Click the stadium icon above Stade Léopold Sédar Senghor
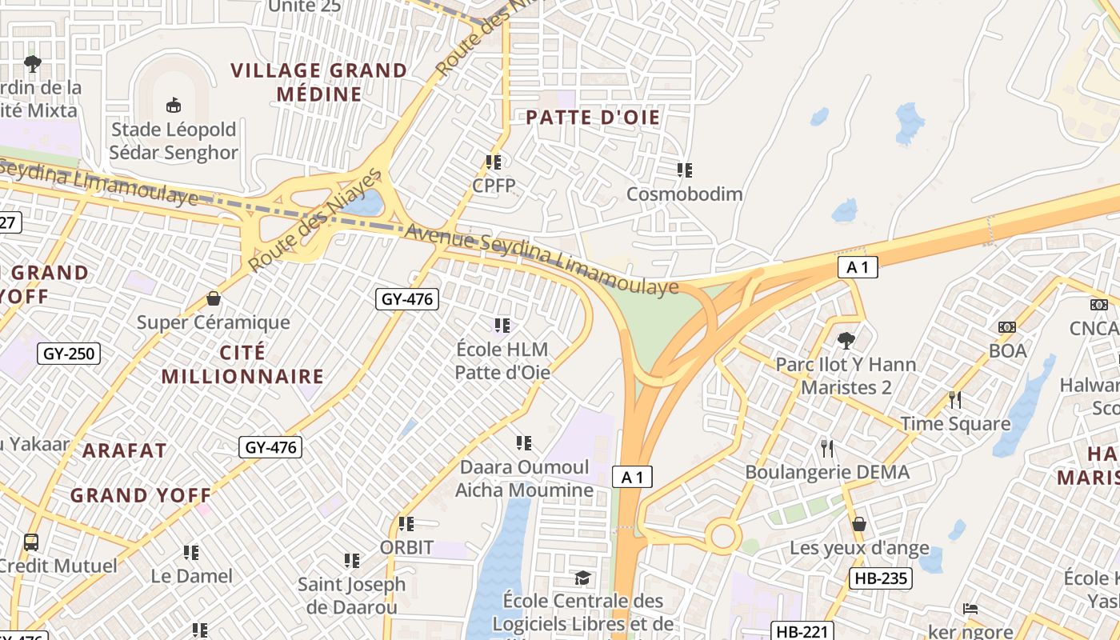click(174, 105)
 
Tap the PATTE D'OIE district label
click(593, 118)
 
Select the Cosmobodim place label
click(684, 194)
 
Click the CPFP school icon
click(494, 162)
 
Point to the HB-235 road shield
click(880, 578)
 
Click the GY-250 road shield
click(69, 353)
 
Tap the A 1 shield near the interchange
click(858, 267)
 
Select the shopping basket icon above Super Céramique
click(214, 298)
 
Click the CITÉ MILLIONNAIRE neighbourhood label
click(242, 364)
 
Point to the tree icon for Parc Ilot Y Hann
click(846, 341)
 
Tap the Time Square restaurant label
click(955, 424)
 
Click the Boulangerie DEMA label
click(827, 472)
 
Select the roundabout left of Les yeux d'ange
click(722, 535)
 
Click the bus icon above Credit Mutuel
click(31, 542)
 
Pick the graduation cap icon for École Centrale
click(583, 578)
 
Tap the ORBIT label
click(406, 548)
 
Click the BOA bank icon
click(1007, 327)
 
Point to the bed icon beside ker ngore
click(970, 609)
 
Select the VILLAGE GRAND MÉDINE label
click(319, 82)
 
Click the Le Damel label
click(192, 576)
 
